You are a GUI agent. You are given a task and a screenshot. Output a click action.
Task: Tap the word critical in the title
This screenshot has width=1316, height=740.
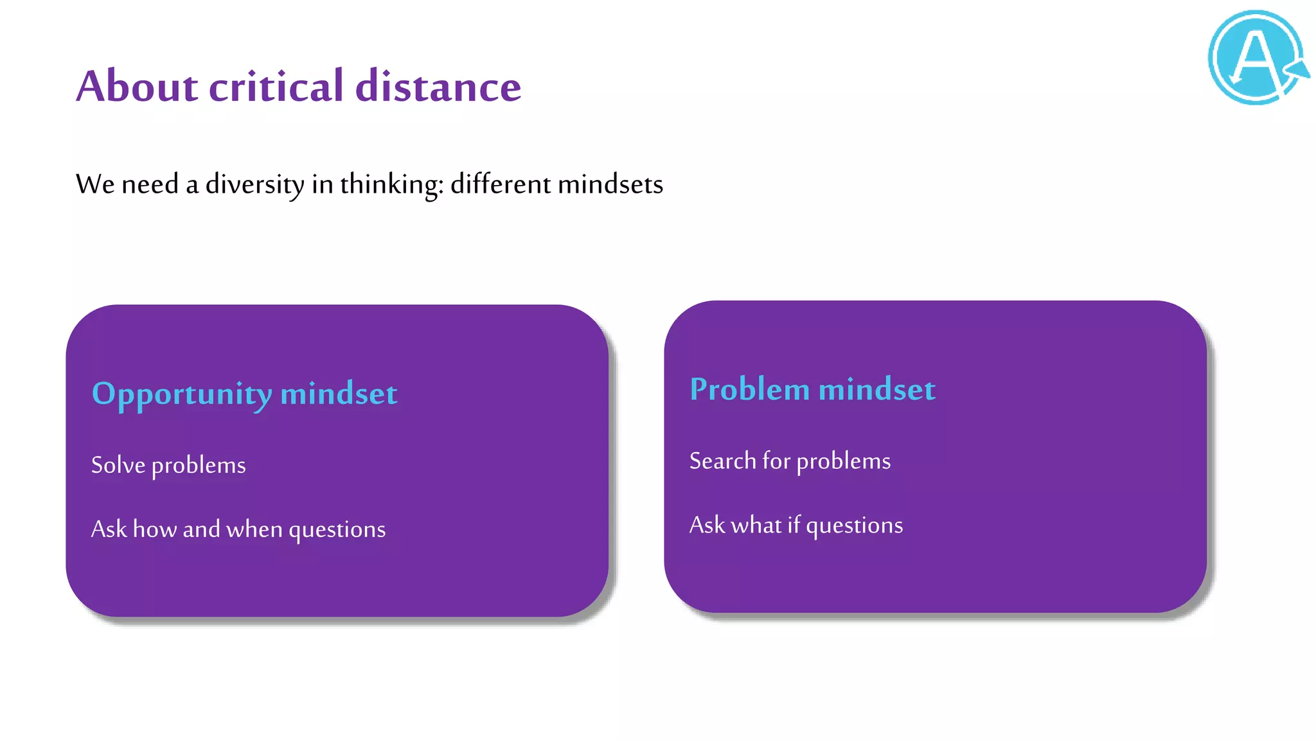pyautogui.click(x=276, y=86)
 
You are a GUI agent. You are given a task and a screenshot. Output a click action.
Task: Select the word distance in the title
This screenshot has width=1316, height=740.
pyautogui.click(x=438, y=86)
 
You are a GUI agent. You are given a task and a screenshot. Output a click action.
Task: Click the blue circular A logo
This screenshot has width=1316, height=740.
pyautogui.click(x=1257, y=58)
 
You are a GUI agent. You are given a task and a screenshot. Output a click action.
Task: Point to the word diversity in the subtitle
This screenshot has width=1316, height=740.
pyautogui.click(x=255, y=184)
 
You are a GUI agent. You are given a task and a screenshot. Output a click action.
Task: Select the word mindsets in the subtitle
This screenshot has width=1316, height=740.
pyautogui.click(x=610, y=184)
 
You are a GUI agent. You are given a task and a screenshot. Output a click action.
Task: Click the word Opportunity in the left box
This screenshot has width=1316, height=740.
pyautogui.click(x=182, y=394)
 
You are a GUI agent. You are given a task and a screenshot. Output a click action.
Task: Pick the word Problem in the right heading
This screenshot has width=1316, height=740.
pyautogui.click(x=749, y=389)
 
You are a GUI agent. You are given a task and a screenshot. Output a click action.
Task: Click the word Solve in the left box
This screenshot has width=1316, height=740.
pyautogui.click(x=118, y=464)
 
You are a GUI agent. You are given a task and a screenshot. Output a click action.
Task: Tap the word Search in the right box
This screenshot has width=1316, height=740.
pyautogui.click(x=722, y=461)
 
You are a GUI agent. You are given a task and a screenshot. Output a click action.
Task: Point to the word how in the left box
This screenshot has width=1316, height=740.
pyautogui.click(x=155, y=529)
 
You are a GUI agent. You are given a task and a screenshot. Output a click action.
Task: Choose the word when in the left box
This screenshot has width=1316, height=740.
pyautogui.click(x=254, y=529)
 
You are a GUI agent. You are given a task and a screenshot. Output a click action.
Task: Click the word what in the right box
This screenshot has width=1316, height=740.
pyautogui.click(x=756, y=525)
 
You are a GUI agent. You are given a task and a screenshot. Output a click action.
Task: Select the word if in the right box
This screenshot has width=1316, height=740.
pyautogui.click(x=794, y=525)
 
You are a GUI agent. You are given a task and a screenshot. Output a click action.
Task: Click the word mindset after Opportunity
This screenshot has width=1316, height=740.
pyautogui.click(x=339, y=393)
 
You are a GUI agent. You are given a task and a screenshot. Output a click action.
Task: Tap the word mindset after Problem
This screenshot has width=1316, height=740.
pyautogui.click(x=877, y=389)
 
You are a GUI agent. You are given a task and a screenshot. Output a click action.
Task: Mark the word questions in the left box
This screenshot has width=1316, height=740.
pyautogui.click(x=337, y=529)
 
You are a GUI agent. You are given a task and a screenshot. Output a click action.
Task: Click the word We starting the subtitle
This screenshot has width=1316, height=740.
pyautogui.click(x=95, y=184)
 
